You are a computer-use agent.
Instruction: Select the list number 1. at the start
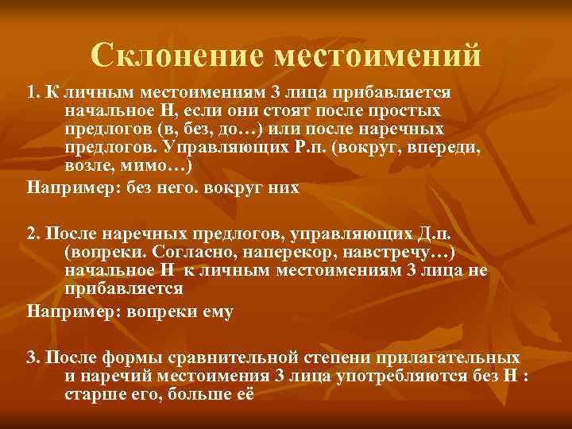point(33,92)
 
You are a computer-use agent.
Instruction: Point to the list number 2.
point(33,234)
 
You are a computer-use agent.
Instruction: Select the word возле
point(86,166)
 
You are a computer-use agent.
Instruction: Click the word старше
point(90,395)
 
